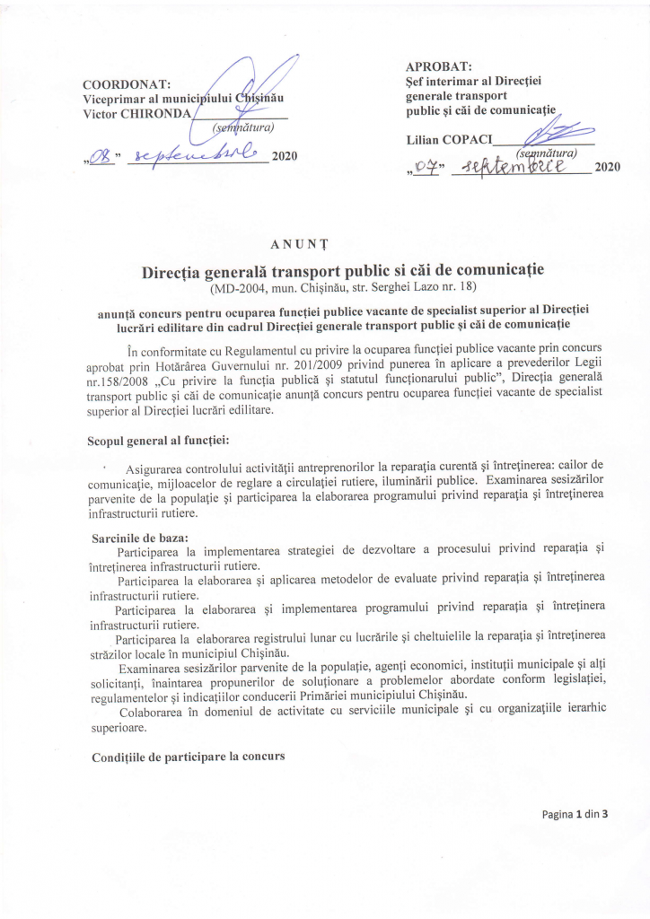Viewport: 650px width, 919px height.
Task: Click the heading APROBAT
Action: tap(439, 66)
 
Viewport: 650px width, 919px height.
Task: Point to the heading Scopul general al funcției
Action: tap(158, 442)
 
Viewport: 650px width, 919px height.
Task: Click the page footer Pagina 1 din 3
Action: tap(575, 814)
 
